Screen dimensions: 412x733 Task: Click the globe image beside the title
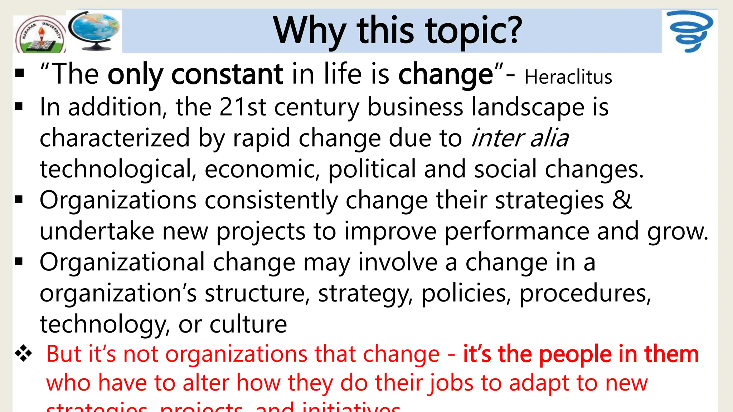94,30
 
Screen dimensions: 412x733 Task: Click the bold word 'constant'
227,74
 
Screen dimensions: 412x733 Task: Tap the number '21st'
243,107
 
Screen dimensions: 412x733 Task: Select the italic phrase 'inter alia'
520,138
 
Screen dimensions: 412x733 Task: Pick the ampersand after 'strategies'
622,200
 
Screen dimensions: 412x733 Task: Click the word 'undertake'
97,231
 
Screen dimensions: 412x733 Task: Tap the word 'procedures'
585,294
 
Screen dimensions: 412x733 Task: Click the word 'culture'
248,324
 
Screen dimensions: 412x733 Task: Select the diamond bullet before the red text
23,354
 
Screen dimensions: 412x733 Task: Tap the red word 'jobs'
451,383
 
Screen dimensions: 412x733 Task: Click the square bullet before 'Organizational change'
19,262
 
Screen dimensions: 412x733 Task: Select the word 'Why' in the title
310,31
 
